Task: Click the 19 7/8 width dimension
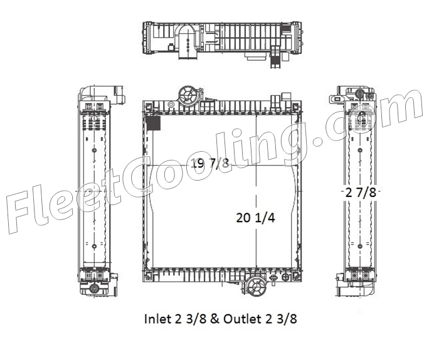point(210,162)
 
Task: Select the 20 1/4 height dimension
point(256,218)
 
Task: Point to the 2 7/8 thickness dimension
point(361,193)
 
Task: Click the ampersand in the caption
point(214,319)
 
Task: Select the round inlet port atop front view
point(188,95)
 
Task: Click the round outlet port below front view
point(257,286)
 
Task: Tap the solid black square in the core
point(154,123)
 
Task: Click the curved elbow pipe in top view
point(187,41)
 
